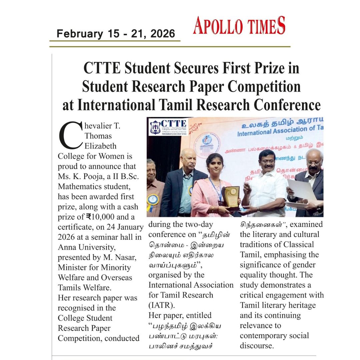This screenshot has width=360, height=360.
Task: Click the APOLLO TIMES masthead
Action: click(239, 26)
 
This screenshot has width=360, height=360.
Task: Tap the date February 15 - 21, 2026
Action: click(116, 34)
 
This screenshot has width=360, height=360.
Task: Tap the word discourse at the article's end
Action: click(257, 346)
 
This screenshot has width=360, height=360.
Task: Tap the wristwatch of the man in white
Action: click(257, 209)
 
